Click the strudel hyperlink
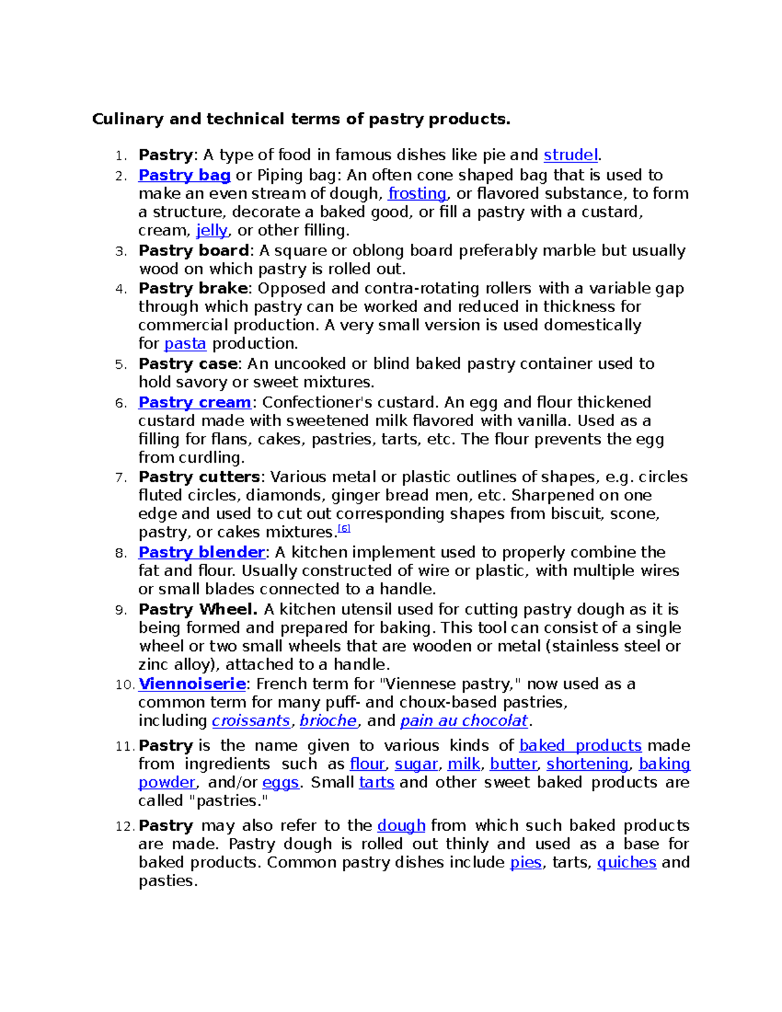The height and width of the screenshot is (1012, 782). coord(570,155)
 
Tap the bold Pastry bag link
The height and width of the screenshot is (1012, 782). coord(184,175)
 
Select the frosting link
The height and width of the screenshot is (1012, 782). coord(417,194)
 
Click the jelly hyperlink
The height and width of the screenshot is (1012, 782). coord(212,231)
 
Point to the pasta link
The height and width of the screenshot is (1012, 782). coord(185,344)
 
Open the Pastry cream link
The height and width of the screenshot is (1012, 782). coord(195,403)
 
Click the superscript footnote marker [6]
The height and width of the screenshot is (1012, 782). coord(344,528)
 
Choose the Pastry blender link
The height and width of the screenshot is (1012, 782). coord(201,553)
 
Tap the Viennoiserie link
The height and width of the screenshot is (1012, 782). coord(192,684)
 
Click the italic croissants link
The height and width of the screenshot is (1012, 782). coord(251,721)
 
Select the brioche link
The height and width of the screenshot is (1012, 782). coord(328,721)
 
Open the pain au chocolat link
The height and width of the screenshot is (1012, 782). coord(463,721)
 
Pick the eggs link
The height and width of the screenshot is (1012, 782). coord(280,783)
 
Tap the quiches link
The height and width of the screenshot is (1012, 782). coord(626,863)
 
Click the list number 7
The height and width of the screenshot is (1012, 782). coord(120,478)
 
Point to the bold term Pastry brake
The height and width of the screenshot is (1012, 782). coord(193,289)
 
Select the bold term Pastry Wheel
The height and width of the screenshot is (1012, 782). coord(198,610)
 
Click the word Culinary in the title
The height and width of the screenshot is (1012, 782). coord(128,119)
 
